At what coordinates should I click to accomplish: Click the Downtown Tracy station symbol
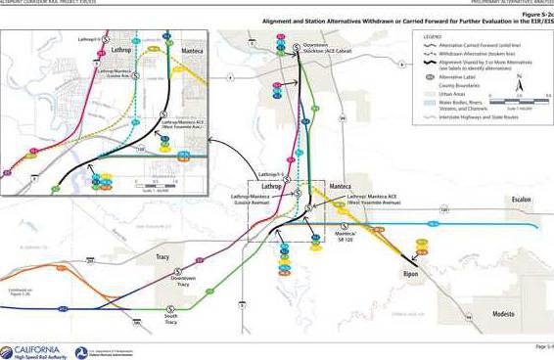pos(177,270)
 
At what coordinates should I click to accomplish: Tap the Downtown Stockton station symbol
pos(283,47)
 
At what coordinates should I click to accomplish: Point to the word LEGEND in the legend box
pos(427,37)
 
